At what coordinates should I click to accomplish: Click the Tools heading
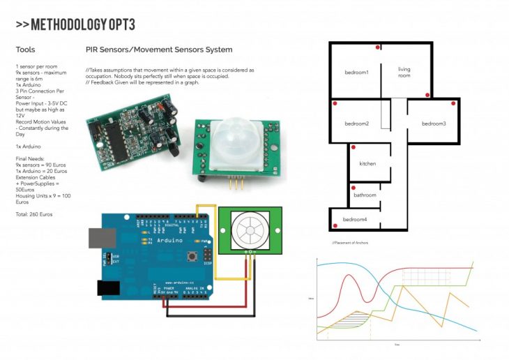[25, 50]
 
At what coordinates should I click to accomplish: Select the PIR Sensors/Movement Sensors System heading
[159, 50]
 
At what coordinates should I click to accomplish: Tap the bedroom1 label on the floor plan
[356, 73]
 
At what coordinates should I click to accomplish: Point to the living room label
[404, 73]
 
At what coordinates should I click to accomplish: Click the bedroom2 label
[356, 124]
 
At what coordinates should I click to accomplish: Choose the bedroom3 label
[433, 124]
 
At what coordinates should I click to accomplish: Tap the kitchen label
[367, 164]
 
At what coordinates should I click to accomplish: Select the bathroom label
[365, 195]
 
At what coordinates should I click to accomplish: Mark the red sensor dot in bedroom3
[454, 104]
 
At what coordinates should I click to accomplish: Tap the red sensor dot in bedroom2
[335, 104]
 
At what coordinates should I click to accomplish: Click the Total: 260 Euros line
[33, 214]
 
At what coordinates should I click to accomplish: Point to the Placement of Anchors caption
[351, 242]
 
